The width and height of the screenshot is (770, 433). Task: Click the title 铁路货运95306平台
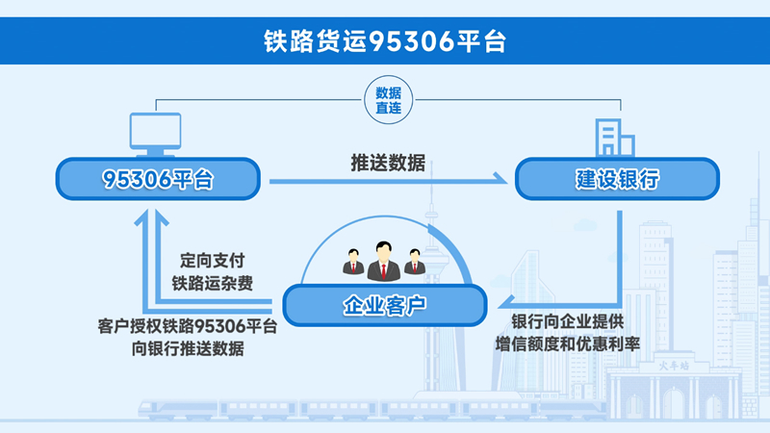[385, 42]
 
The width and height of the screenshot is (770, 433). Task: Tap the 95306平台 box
[158, 179]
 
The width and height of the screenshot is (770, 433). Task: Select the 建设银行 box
[617, 179]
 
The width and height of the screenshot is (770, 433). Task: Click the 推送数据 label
[388, 163]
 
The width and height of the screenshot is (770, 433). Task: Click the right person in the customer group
[415, 261]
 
